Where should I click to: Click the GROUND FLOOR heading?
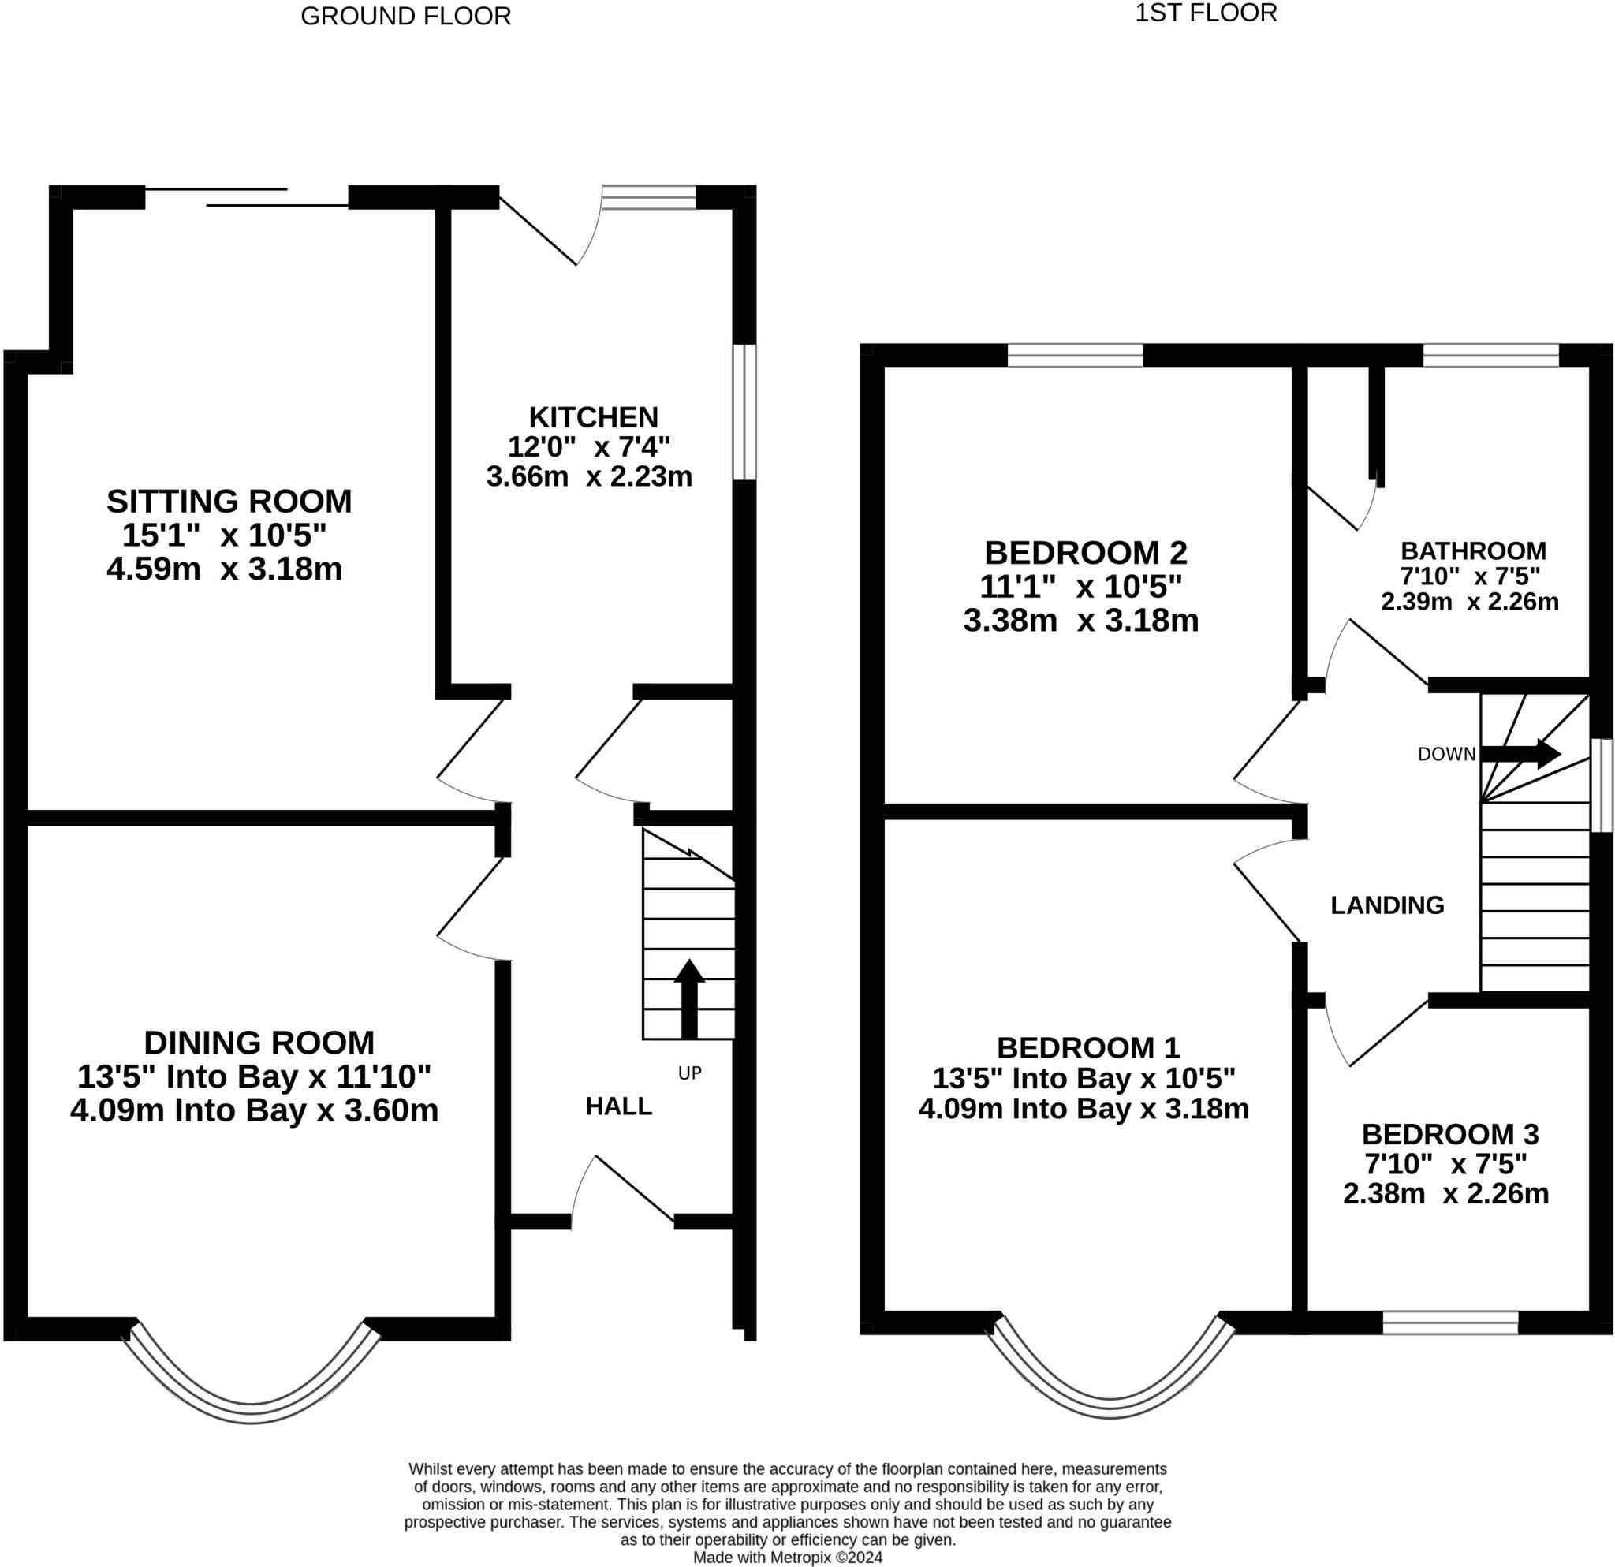(x=405, y=17)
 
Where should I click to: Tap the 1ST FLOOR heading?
(x=1206, y=13)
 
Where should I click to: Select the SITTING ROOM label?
(x=229, y=501)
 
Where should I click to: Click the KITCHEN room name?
(x=593, y=417)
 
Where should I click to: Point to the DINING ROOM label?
(x=259, y=1043)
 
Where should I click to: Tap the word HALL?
(x=619, y=1106)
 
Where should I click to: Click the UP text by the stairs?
(x=690, y=1073)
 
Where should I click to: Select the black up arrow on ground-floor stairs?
(x=690, y=998)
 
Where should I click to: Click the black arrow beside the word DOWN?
(x=1521, y=753)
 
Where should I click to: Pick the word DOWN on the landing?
(x=1446, y=754)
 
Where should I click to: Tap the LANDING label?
(x=1387, y=905)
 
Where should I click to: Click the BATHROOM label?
(x=1473, y=550)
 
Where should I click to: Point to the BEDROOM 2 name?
(x=1086, y=551)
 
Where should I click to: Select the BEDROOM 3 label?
(x=1450, y=1135)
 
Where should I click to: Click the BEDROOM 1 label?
(x=1087, y=1047)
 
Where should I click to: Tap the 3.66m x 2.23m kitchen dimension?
(x=589, y=476)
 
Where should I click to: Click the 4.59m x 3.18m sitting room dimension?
(x=224, y=569)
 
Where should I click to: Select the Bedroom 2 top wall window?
(x=1076, y=355)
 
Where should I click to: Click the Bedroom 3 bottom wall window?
(x=1450, y=1323)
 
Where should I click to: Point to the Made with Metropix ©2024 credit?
(x=787, y=1557)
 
